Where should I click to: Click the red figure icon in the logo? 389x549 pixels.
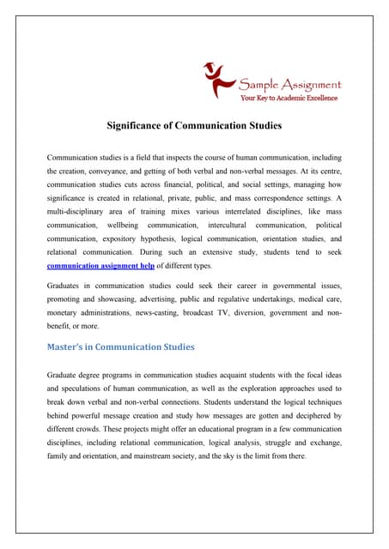click(x=218, y=78)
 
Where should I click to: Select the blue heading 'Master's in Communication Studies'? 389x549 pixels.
click(x=120, y=347)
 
